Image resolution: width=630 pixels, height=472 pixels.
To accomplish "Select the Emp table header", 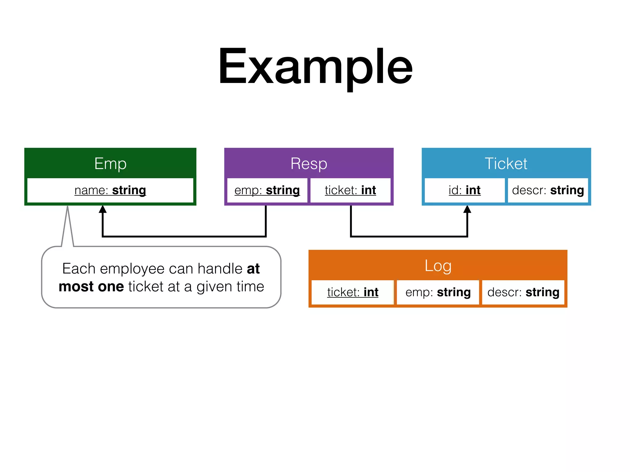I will point(110,163).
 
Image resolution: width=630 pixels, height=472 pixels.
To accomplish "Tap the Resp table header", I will point(309,163).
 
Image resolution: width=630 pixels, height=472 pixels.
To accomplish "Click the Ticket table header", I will point(506,163).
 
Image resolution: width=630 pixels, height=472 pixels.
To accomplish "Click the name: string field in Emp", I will point(110,190).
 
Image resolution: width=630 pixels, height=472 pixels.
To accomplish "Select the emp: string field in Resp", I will point(267,190).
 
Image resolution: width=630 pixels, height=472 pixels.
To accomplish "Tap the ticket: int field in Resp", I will point(350,190).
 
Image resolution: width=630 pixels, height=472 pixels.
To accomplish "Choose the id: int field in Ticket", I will point(465,190).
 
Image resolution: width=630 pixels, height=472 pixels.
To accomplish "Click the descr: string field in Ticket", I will point(548,190).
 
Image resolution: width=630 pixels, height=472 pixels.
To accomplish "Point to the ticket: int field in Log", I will point(353,292).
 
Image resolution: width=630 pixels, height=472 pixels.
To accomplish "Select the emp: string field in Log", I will point(438,292).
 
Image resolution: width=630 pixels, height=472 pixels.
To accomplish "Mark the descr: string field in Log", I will point(523,292).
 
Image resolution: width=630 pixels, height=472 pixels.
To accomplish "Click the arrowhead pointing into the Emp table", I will point(103,209).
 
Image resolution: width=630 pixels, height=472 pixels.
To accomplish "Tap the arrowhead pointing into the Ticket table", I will point(467,209).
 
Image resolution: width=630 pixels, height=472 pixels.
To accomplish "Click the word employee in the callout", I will point(132,269).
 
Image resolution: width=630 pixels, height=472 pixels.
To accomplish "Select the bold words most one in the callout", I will point(91,287).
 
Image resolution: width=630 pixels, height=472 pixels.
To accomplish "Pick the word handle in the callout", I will point(220,269).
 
